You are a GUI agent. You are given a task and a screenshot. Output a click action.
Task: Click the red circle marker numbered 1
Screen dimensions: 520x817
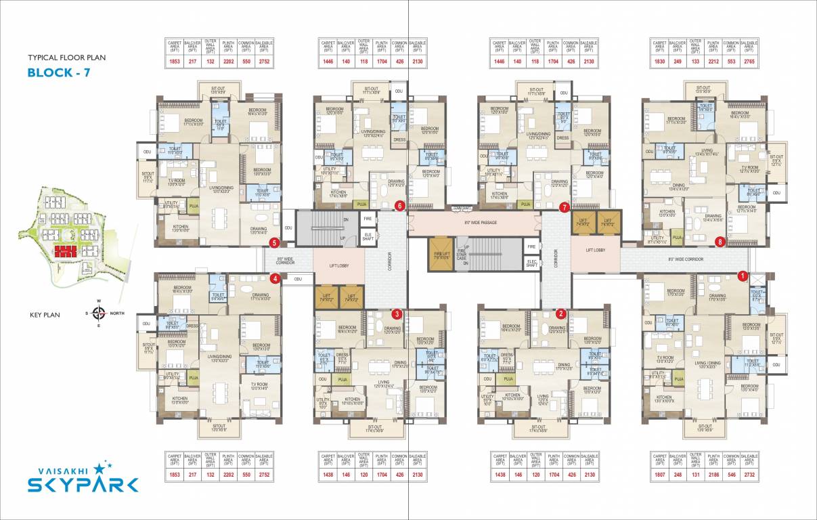(742, 276)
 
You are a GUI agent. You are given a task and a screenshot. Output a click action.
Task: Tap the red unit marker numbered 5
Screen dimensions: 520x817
(274, 242)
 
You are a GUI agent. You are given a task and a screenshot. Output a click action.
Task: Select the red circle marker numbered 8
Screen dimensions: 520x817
(720, 240)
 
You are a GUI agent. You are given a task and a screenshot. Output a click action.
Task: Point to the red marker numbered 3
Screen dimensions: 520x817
(397, 313)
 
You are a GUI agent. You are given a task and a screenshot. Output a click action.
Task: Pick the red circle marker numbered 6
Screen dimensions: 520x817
(400, 206)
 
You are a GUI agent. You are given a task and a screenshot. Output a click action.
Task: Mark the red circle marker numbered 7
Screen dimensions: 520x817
(565, 208)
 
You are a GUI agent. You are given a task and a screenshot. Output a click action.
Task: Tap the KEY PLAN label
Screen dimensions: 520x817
(46, 315)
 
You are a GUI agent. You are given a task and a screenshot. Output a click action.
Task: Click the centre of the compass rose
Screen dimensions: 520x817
(99, 313)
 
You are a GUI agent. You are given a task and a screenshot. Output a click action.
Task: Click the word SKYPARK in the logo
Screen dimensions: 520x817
(83, 484)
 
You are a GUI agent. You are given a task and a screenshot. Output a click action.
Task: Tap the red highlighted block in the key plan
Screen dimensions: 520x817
(67, 252)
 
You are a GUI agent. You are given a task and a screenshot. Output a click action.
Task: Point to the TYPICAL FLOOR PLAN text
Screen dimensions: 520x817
(66, 58)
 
